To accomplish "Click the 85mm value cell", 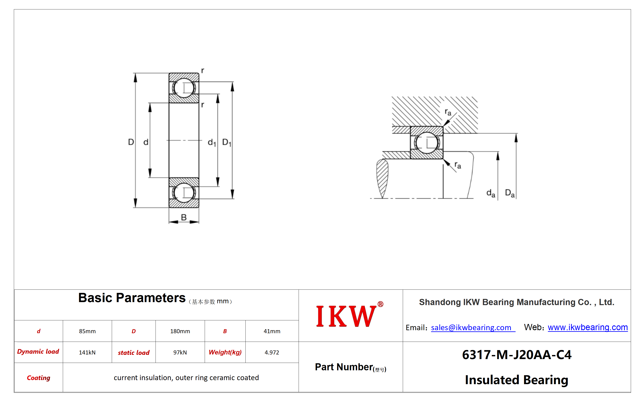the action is (x=87, y=331).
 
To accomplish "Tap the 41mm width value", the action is (x=272, y=331).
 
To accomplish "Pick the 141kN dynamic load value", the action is (x=87, y=352).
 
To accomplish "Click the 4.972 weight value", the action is (x=272, y=352).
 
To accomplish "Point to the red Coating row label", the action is (x=39, y=378).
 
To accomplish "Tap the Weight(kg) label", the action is (x=225, y=352).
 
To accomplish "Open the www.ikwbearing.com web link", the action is (x=588, y=327).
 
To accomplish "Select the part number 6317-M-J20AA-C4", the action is (x=517, y=355).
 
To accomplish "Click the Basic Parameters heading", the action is (x=132, y=298).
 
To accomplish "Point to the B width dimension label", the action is (x=184, y=217).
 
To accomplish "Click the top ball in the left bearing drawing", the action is (x=184, y=88).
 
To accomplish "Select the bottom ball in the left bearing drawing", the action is (x=184, y=193).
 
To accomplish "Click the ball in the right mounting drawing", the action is (x=427, y=143).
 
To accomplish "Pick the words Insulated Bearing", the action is (x=517, y=380).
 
